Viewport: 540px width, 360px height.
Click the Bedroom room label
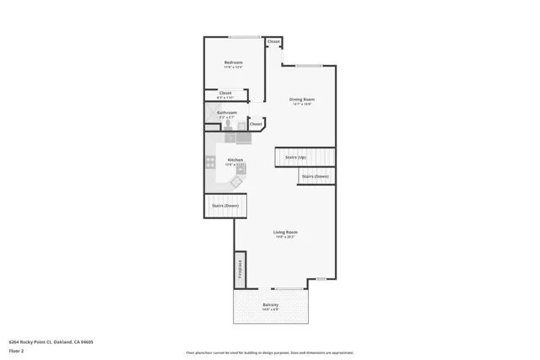point(234,63)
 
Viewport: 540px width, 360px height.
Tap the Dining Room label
point(302,99)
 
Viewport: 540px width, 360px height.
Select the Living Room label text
point(285,232)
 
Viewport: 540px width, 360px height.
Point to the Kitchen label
point(235,159)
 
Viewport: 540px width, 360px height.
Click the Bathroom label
point(227,112)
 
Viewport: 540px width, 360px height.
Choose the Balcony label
point(271,304)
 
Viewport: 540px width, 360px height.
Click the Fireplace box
point(240,269)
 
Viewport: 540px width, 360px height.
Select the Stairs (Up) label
point(295,157)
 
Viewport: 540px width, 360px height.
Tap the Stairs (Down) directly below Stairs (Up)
point(315,176)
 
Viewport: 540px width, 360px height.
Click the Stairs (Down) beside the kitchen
point(225,206)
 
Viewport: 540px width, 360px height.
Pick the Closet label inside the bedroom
point(225,93)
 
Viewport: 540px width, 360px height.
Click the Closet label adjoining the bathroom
point(256,124)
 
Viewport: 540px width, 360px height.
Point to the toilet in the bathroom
point(227,123)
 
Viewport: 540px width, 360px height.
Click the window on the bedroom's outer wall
point(244,37)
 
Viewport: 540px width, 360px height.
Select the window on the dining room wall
point(308,66)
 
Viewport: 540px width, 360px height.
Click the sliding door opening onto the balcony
point(288,289)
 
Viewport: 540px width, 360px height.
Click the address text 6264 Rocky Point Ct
point(51,341)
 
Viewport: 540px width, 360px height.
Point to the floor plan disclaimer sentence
point(270,352)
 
